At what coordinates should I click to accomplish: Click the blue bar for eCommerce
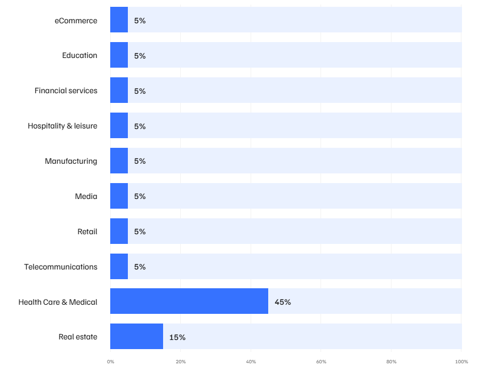(119, 19)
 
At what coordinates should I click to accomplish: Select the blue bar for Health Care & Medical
(189, 301)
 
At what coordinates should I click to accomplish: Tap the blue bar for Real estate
(136, 336)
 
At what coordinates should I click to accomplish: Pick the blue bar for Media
(119, 196)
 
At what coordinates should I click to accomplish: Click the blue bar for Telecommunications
(119, 267)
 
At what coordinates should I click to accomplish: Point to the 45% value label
(282, 302)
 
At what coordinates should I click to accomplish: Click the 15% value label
(177, 337)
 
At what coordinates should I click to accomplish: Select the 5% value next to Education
(140, 56)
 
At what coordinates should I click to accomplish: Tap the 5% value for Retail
(140, 231)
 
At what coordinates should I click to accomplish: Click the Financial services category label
(66, 90)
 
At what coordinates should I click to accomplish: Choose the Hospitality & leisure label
(63, 126)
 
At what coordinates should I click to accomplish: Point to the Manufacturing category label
(71, 161)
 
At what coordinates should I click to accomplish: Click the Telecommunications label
(61, 267)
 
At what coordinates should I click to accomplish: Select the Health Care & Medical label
(58, 302)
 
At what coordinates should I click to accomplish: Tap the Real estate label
(78, 337)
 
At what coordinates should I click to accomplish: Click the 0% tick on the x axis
(111, 362)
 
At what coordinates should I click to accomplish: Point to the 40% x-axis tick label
(251, 362)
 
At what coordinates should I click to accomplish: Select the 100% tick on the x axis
(461, 362)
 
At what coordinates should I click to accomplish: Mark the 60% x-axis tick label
(321, 362)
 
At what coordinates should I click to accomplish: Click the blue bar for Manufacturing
(119, 160)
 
